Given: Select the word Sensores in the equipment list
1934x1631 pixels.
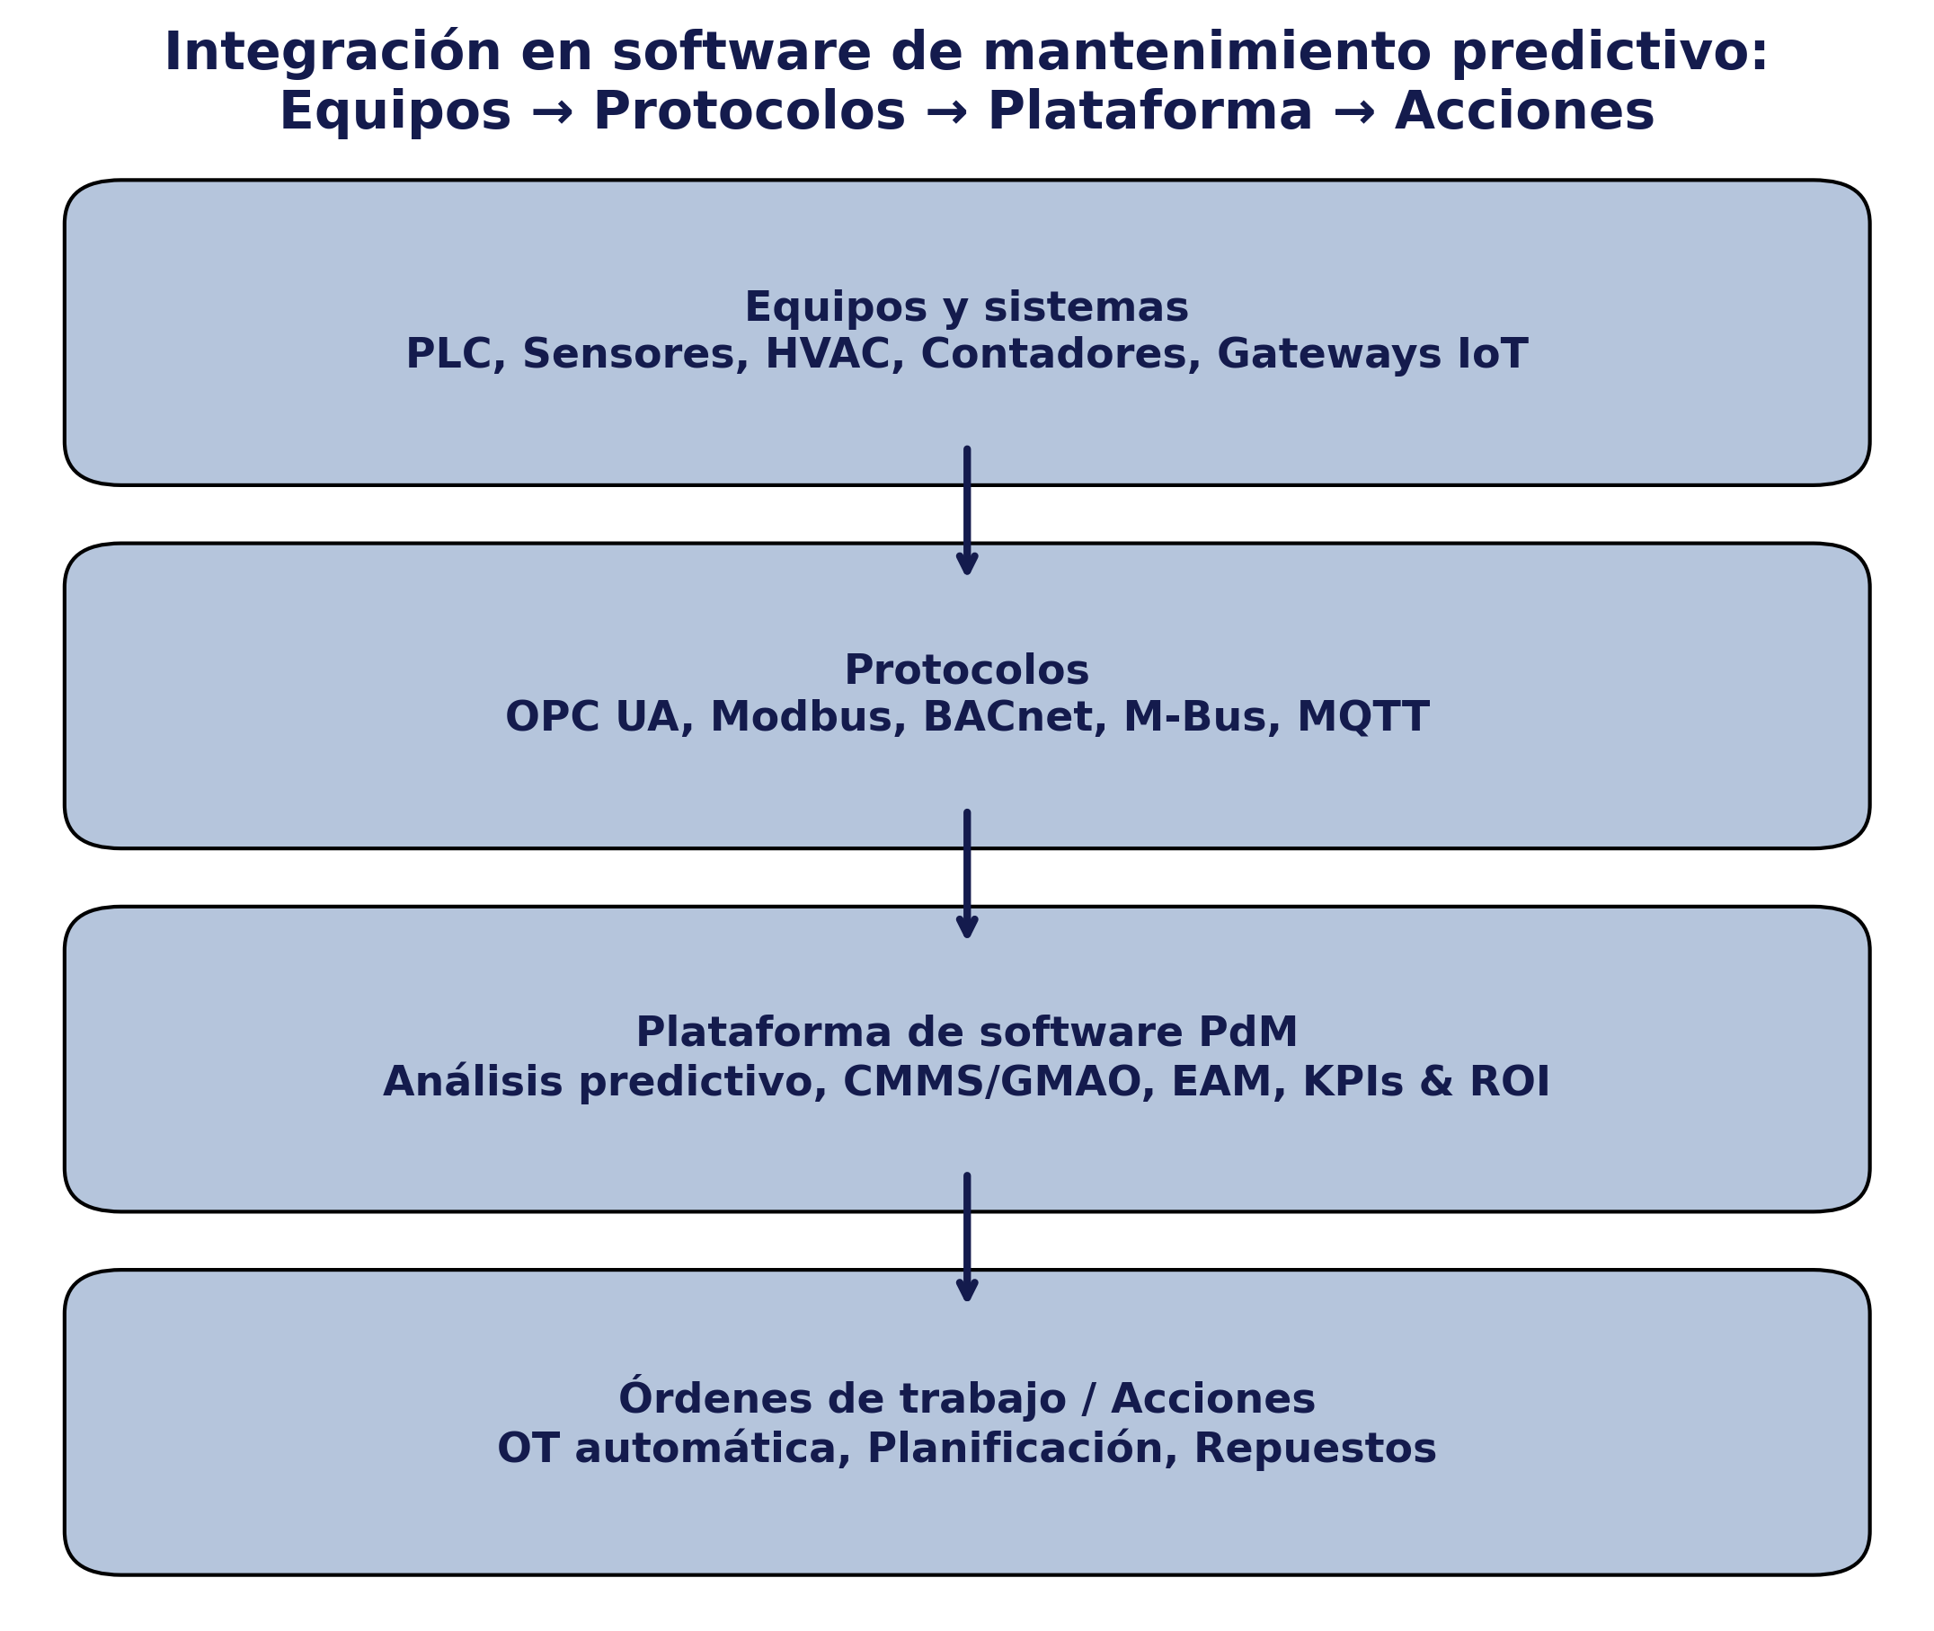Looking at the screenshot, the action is tap(635, 355).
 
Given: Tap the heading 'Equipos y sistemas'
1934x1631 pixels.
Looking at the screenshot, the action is tap(967, 308).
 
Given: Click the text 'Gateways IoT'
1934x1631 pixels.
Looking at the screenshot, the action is tap(1373, 355).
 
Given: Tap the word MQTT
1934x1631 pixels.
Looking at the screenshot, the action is tap(1363, 718).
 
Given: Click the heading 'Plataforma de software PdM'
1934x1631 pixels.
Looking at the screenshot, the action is tap(967, 1033).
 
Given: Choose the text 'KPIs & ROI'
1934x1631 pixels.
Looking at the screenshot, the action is tap(1426, 1083).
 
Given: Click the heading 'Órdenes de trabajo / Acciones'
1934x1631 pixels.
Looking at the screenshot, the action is tap(967, 1397).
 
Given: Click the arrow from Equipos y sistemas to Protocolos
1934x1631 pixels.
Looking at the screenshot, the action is tap(967, 511).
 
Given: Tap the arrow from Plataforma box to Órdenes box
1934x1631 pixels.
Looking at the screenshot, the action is tap(967, 1238).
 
